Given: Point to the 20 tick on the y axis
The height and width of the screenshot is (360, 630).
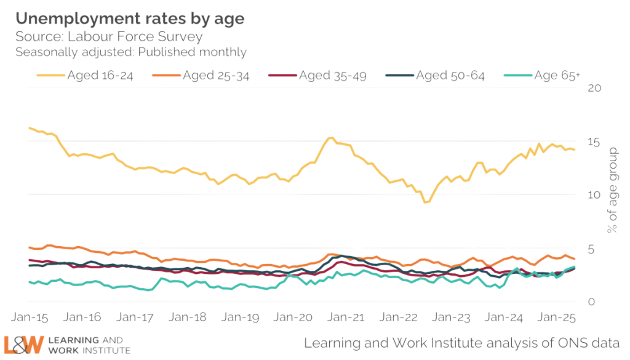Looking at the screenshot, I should pos(593,88).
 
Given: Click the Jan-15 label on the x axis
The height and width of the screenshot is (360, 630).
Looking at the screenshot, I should pos(29,318).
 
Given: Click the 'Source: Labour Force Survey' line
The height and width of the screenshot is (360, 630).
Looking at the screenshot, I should pos(108,36).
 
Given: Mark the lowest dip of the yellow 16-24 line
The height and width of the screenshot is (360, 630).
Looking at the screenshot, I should pos(426,201).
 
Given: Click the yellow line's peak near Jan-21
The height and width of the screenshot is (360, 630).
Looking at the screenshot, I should pos(330,138).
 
